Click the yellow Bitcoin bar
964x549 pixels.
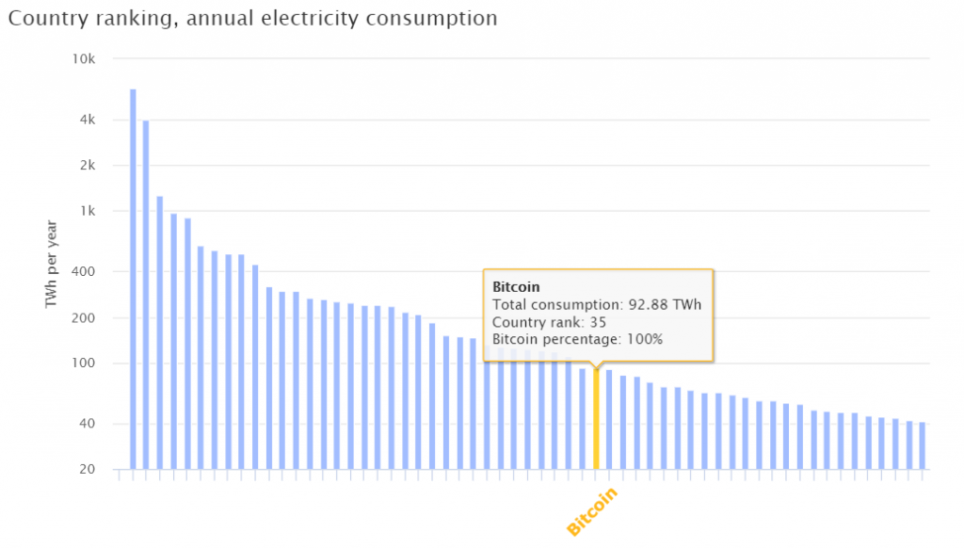[596, 419]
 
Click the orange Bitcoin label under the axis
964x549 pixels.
[592, 512]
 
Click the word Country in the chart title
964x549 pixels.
[41, 18]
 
